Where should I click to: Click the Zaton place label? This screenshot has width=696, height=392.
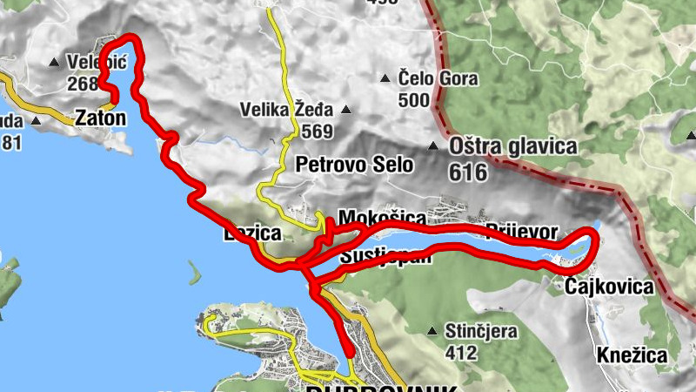(101, 117)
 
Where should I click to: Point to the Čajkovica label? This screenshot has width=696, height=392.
(608, 287)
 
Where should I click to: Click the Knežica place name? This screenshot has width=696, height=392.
(632, 355)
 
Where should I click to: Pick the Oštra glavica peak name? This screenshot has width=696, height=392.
(512, 146)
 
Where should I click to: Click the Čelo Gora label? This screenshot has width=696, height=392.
(438, 79)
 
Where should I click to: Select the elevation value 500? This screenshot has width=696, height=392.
(414, 100)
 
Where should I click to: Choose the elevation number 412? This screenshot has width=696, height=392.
(460, 353)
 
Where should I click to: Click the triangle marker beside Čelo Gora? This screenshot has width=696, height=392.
(385, 79)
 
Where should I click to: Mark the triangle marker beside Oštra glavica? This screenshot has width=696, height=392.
(432, 145)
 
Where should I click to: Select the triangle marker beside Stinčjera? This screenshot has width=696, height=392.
(432, 332)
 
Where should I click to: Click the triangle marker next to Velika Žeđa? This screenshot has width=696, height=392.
(346, 111)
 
